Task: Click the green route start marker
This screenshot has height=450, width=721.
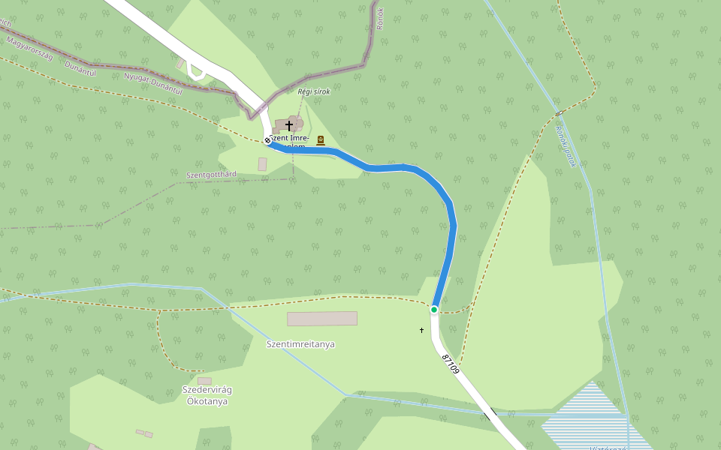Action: (x=434, y=310)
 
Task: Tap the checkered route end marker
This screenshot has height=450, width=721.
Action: (x=267, y=140)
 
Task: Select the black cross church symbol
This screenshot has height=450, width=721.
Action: (x=289, y=125)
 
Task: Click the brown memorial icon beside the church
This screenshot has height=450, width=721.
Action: (x=321, y=139)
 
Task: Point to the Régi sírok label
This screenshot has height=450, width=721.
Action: (x=314, y=91)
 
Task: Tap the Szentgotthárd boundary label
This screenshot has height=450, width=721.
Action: (x=211, y=175)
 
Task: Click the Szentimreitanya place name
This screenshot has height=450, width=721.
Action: (x=300, y=344)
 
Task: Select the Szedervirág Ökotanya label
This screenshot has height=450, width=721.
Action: (x=207, y=395)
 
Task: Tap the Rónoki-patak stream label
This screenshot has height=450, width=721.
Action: (x=566, y=145)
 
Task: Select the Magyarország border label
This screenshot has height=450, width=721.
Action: (x=30, y=47)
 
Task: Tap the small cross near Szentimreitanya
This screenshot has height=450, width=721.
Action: (x=421, y=330)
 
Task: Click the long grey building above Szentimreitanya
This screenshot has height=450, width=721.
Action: (x=322, y=319)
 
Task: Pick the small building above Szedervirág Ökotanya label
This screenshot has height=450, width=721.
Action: (x=204, y=381)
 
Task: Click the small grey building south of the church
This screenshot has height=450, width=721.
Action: (x=262, y=163)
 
